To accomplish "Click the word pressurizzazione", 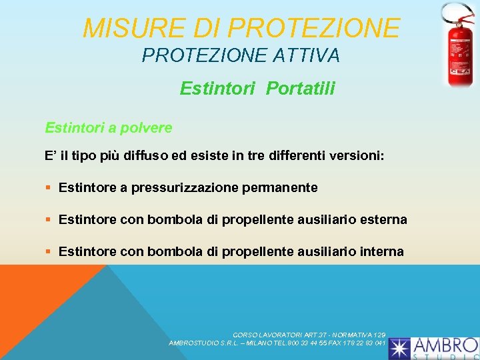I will pyautogui.click(x=187, y=188).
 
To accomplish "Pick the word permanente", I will pyautogui.click(x=282, y=188).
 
